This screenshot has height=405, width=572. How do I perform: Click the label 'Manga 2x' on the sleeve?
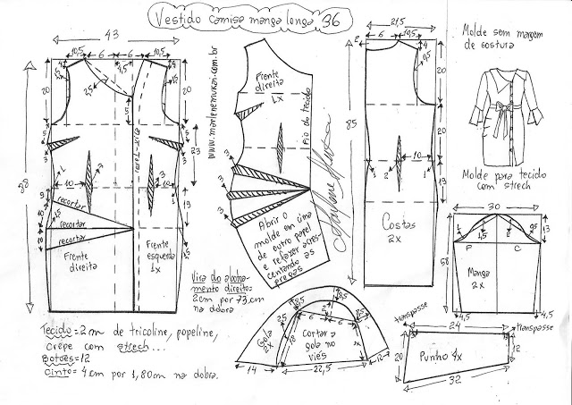coord(492,276)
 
